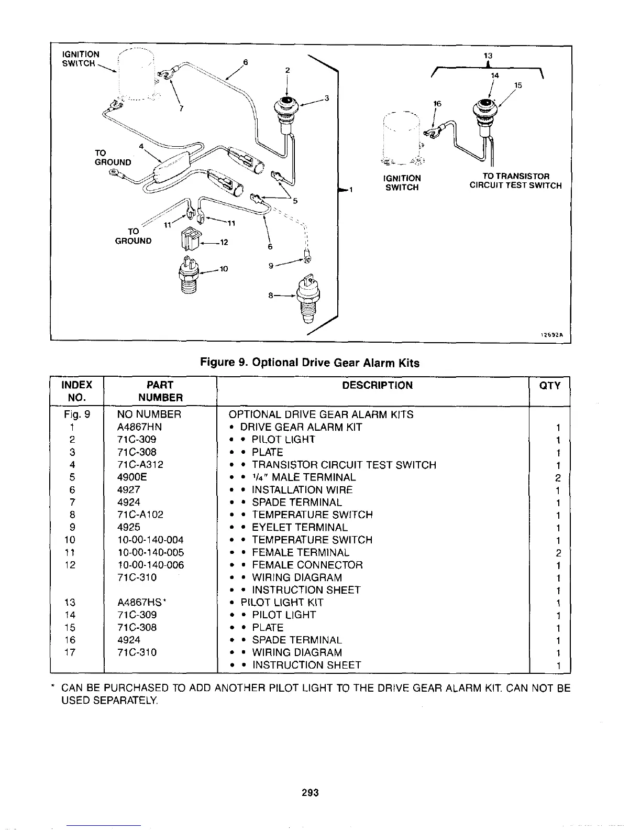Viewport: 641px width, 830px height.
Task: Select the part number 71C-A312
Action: [x=140, y=465]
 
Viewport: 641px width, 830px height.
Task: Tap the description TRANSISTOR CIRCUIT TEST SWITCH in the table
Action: [x=344, y=465]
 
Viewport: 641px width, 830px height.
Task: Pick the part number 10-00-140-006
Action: [x=151, y=565]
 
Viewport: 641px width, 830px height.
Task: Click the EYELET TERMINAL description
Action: [x=300, y=528]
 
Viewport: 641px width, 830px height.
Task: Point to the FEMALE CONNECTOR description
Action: [x=307, y=565]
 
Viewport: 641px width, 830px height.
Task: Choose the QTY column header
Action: [x=549, y=386]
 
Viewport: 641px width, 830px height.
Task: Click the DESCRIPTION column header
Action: [x=377, y=386]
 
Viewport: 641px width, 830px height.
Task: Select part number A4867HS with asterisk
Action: [x=142, y=603]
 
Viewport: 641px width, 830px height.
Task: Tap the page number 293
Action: [x=310, y=792]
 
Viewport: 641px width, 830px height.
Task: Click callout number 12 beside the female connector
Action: [x=224, y=243]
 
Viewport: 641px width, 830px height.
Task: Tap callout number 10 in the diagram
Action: [x=224, y=269]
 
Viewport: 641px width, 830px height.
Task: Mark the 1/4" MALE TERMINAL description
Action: [x=304, y=477]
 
